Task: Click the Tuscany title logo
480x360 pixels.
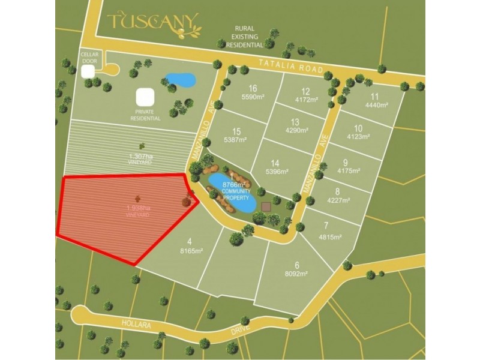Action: (153, 23)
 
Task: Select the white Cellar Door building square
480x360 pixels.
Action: (88, 71)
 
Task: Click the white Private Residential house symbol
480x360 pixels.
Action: (145, 97)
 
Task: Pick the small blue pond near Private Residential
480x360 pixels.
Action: (180, 79)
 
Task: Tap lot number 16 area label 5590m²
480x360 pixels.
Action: (253, 96)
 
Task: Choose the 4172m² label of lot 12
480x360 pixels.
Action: (306, 100)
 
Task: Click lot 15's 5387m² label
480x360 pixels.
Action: (236, 140)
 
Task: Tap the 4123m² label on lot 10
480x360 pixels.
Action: (358, 136)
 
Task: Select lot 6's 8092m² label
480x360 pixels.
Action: (296, 274)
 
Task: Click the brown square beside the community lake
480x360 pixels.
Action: (266, 206)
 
